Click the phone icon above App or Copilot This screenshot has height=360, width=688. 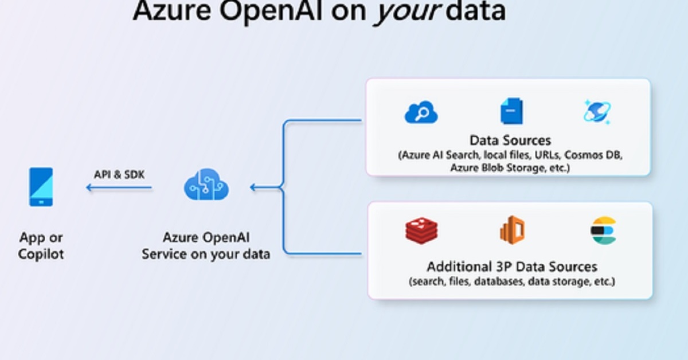point(41,186)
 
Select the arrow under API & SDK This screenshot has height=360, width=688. point(119,187)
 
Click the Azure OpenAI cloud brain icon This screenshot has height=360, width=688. point(206,185)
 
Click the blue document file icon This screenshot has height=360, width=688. point(511,111)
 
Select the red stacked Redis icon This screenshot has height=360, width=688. point(421,230)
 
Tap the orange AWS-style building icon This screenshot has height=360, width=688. point(512,230)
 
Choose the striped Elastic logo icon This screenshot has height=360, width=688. point(603,230)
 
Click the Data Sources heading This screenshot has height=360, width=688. point(510,140)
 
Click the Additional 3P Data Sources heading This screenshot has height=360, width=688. point(511,267)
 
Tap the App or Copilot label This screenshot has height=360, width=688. point(41,245)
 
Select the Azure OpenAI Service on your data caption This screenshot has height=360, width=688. point(206,245)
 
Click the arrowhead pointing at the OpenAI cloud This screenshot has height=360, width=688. point(253,187)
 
